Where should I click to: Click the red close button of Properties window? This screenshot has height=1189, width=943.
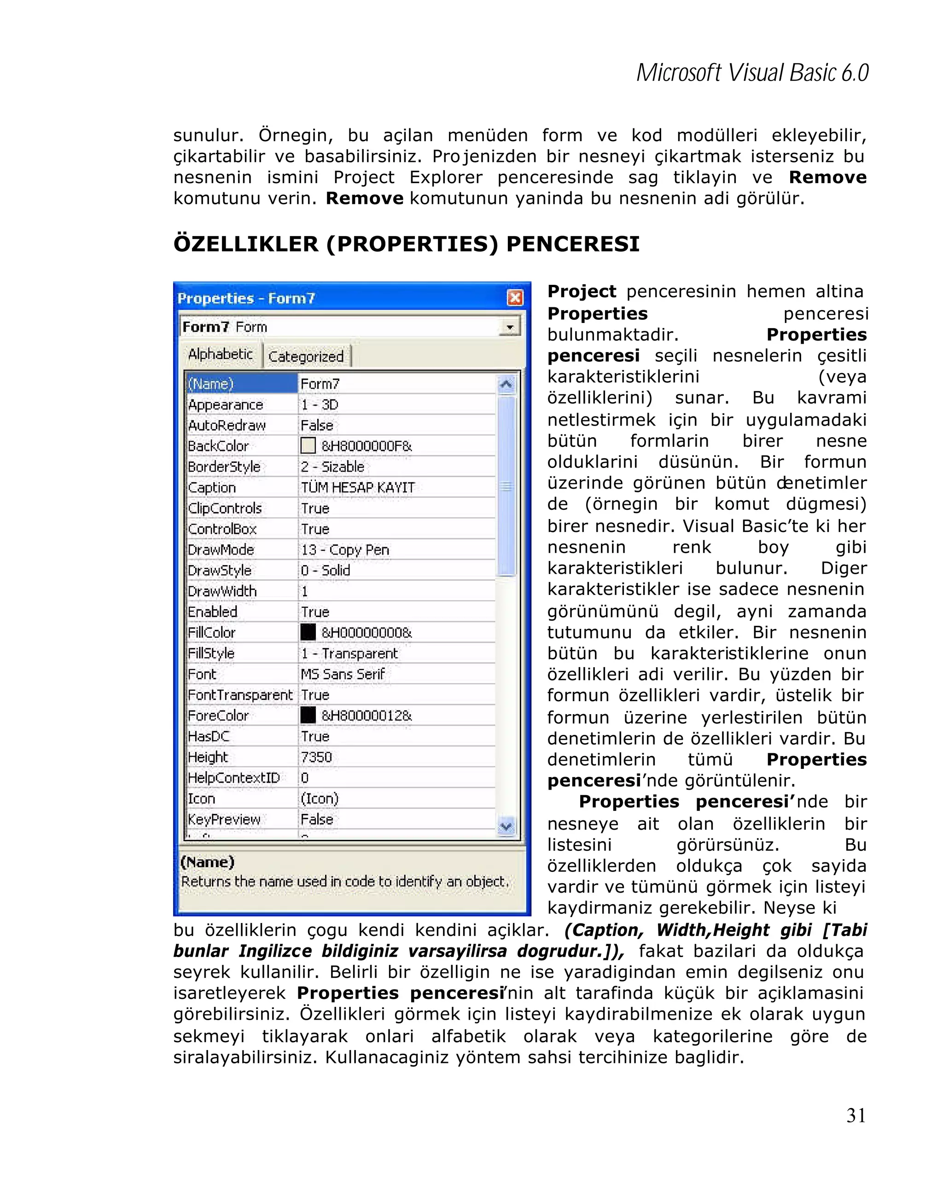pyautogui.click(x=514, y=298)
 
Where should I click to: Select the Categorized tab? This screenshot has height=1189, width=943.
pyautogui.click(x=306, y=356)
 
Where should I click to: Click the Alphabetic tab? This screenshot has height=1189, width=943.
pyautogui.click(x=220, y=354)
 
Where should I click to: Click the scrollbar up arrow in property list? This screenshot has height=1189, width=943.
pyautogui.click(x=506, y=384)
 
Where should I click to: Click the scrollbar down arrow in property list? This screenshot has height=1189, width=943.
pyautogui.click(x=506, y=826)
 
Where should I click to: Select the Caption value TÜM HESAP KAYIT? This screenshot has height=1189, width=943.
pyautogui.click(x=358, y=487)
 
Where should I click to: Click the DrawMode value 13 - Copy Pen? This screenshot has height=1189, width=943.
pyautogui.click(x=345, y=550)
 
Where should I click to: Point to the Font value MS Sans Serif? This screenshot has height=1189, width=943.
pyautogui.click(x=343, y=674)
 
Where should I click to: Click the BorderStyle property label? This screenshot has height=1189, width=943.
pyautogui.click(x=224, y=467)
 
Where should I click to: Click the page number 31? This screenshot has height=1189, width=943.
pyautogui.click(x=855, y=1115)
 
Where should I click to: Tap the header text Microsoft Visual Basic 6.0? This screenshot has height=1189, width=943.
pyautogui.click(x=752, y=73)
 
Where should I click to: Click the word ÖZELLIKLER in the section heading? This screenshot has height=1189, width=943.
pyautogui.click(x=245, y=244)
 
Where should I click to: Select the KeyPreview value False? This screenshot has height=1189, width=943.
pyautogui.click(x=317, y=819)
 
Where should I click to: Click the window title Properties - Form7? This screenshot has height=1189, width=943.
pyautogui.click(x=246, y=298)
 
